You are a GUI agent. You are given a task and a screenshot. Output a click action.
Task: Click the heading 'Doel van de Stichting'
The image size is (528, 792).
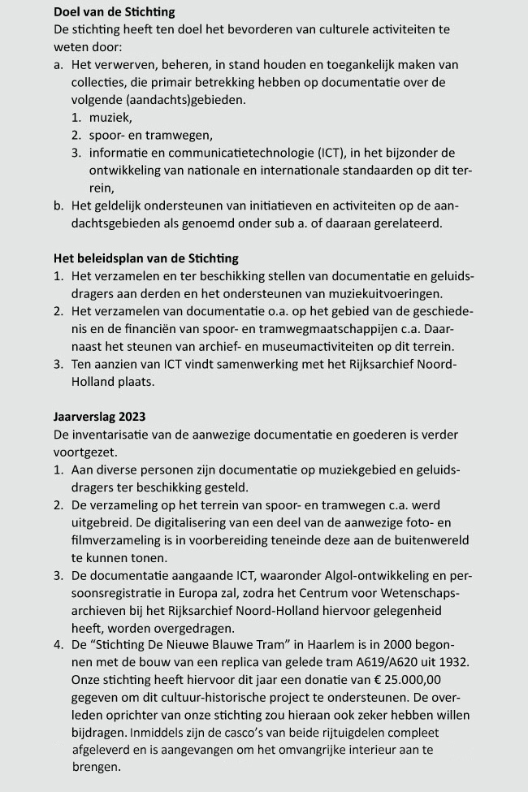[x=114, y=12]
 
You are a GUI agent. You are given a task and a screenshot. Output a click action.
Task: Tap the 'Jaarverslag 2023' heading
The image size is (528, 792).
[x=99, y=417]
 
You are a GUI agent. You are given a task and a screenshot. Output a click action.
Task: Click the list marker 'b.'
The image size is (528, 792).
[x=58, y=206]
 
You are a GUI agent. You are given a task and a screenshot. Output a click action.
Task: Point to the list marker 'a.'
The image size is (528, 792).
[x=58, y=64]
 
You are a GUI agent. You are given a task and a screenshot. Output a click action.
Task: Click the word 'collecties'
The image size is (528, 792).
[x=101, y=82]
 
